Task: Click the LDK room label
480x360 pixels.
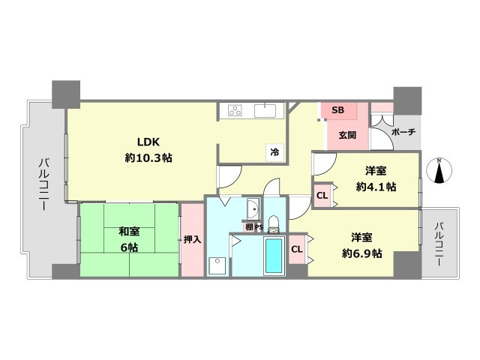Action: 148,142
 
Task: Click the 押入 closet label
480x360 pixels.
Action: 192,240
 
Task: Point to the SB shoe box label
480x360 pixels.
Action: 337,110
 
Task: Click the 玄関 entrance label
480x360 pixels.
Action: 347,135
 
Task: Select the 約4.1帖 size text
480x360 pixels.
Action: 376,187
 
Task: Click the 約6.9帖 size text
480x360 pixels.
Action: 361,253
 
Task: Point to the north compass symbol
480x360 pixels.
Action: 439,171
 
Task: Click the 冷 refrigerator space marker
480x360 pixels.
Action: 274,152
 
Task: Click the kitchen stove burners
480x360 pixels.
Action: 235,111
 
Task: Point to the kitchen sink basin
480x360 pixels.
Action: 265,111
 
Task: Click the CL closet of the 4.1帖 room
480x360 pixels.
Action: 322,196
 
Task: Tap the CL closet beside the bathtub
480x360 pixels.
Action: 296,249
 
